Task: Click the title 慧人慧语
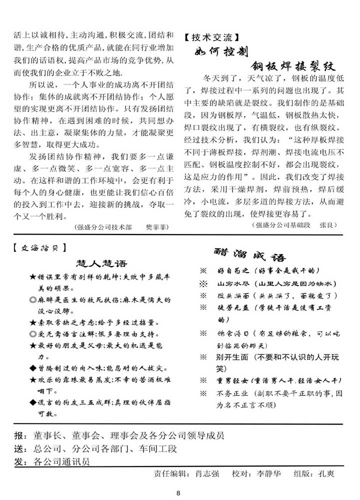pyautogui.click(x=101, y=263)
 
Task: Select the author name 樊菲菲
pyautogui.click(x=154, y=227)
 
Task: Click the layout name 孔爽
pyautogui.click(x=325, y=473)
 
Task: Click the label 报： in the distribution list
pyautogui.click(x=21, y=435)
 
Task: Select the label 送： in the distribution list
pyautogui.click(x=21, y=449)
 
